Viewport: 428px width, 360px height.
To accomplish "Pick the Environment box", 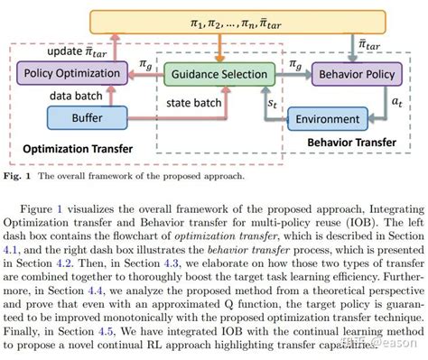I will tap(336, 117).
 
